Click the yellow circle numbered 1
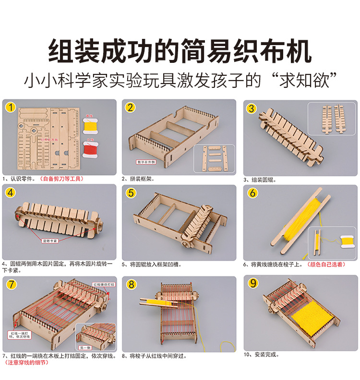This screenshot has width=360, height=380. pos(11,107)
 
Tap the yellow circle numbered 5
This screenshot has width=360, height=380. pos(131,193)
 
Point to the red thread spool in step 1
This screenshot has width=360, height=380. pos(89,149)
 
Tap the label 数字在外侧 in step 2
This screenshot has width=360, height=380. pos(147,162)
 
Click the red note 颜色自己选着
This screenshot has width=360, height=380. pos(326,264)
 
